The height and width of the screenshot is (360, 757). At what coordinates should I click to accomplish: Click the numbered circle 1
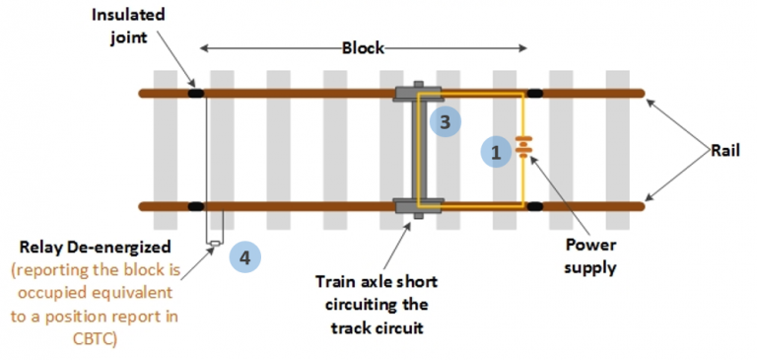496,152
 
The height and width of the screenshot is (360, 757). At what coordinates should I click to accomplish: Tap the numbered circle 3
445,122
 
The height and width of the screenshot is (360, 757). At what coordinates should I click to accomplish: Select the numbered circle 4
244,257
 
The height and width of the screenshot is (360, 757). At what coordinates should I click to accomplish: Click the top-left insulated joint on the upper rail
195,94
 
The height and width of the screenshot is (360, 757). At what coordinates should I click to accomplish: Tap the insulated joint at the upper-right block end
535,94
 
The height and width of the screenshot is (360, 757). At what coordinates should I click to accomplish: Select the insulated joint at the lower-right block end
535,206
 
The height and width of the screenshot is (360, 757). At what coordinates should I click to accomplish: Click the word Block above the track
362,48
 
